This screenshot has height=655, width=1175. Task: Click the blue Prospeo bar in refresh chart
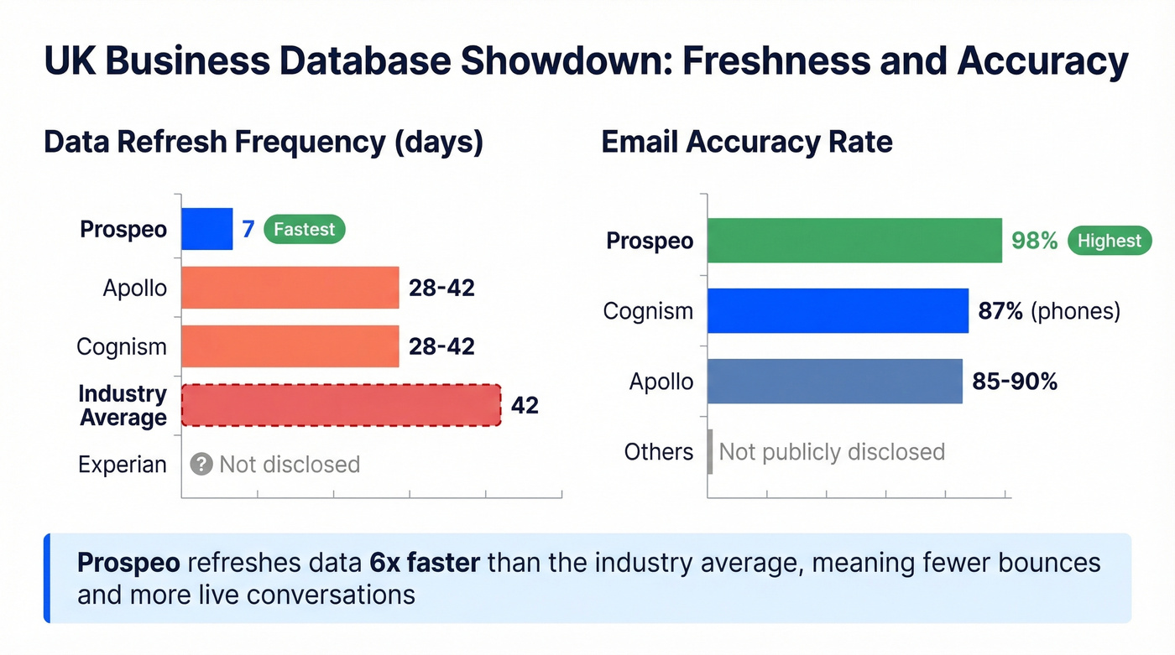(207, 229)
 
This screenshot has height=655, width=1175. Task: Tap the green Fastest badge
(304, 229)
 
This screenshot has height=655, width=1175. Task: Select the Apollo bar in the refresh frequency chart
(290, 288)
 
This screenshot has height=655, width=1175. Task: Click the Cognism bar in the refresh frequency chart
(290, 346)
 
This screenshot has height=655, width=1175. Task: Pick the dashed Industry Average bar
(342, 406)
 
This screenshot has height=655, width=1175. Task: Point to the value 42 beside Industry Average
(525, 406)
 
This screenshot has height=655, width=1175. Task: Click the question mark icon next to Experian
(201, 465)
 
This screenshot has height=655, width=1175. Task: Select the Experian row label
(123, 465)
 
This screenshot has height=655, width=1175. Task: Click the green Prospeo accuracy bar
(854, 241)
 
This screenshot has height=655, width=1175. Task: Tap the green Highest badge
(1109, 241)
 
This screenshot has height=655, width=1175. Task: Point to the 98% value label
(1034, 241)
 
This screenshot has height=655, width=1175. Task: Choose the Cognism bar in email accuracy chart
(838, 311)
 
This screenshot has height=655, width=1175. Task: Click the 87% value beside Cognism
(1000, 311)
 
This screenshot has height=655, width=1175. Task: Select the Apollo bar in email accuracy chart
(834, 382)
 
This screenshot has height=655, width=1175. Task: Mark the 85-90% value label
(1015, 382)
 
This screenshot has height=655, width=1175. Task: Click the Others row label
(659, 452)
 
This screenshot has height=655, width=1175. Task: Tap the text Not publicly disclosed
(832, 452)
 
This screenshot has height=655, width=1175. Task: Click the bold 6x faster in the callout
(425, 562)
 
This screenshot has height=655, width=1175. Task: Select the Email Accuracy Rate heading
(747, 142)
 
